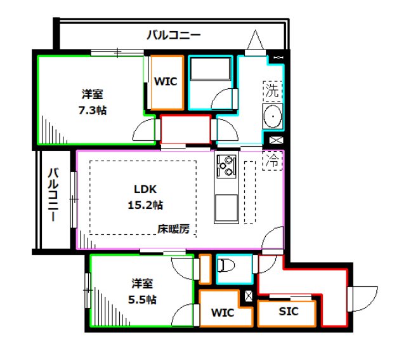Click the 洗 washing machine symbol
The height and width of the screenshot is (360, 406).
point(272,90)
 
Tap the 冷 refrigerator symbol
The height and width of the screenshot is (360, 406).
point(272,161)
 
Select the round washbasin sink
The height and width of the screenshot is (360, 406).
point(273,118)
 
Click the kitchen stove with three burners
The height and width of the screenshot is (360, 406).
point(226,166)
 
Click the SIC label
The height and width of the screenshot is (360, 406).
point(288,312)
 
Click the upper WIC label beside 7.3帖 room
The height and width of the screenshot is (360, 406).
point(166,81)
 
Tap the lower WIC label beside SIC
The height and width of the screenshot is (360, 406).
point(222,313)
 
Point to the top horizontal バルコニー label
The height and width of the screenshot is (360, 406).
point(173,35)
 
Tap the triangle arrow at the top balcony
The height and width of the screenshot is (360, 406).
point(255,41)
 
